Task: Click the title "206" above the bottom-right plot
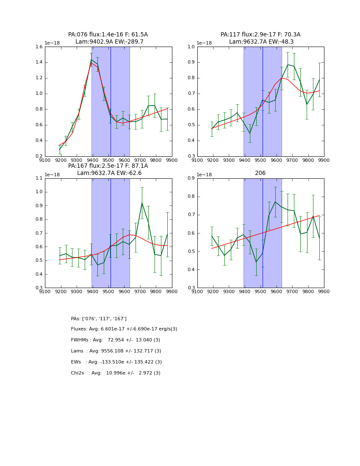260,173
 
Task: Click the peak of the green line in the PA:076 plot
91,60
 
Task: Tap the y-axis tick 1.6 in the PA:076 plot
39,47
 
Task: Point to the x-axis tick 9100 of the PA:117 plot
197,160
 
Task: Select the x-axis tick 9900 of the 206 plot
324,291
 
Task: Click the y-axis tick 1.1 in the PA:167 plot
39,178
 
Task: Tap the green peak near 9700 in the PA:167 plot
142,203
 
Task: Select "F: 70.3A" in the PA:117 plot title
288,35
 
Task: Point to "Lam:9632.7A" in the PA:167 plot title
93,173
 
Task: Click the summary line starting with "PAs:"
99,319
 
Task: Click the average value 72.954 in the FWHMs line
116,340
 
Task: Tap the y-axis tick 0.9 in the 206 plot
191,178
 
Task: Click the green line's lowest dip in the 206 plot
256,262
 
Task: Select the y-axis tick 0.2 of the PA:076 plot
39,156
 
